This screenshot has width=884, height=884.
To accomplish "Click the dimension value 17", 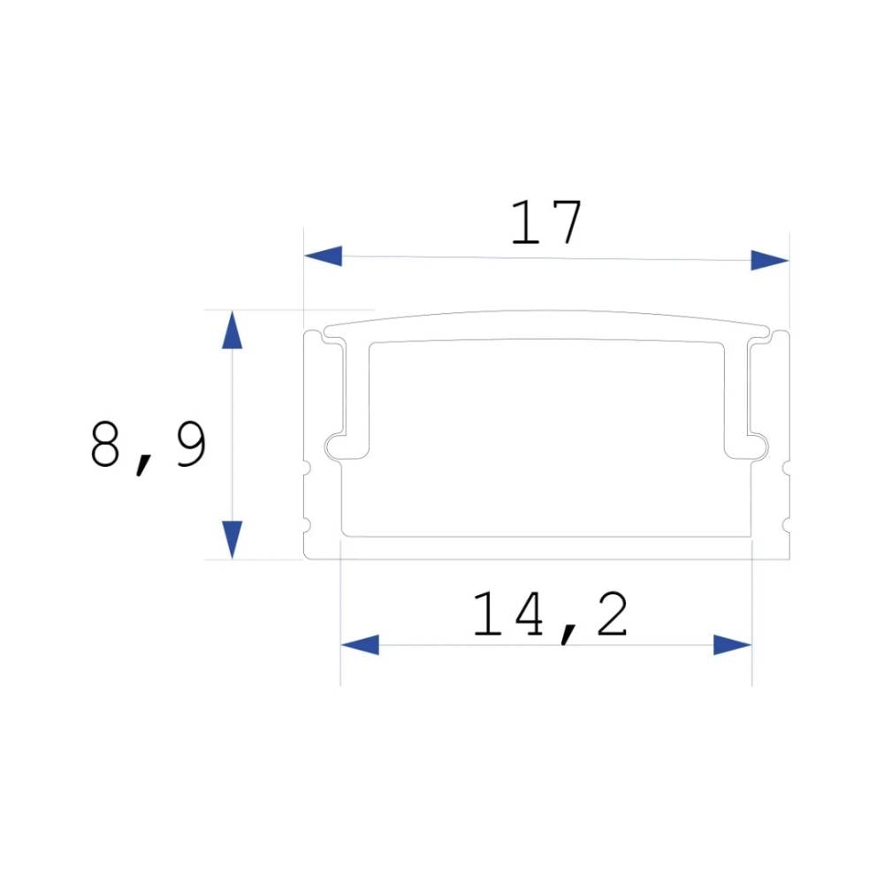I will [x=546, y=223].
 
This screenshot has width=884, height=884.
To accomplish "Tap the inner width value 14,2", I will [x=550, y=615].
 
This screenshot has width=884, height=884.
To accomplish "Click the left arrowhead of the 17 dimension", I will [x=324, y=256].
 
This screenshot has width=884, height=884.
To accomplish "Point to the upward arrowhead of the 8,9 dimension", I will [x=232, y=331].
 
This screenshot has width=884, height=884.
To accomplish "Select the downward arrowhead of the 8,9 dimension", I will [x=232, y=538].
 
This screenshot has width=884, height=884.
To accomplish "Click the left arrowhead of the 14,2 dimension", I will [x=360, y=644].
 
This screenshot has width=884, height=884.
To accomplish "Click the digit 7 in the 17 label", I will [x=567, y=223].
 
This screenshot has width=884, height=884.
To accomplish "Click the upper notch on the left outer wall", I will [x=307, y=467].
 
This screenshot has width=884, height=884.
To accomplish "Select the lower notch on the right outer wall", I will [x=786, y=525].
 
